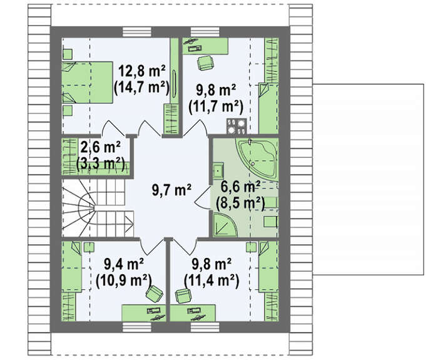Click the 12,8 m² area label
point(142,71)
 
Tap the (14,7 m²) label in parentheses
point(142,88)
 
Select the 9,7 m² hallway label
point(171,190)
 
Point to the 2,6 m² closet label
point(100,148)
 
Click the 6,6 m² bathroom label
point(240,187)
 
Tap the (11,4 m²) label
point(211,280)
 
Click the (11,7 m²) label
point(216,106)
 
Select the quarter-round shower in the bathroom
point(224,225)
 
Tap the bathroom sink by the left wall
point(218,170)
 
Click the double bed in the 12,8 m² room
point(87,83)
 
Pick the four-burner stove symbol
point(237,126)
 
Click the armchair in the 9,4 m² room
point(155,294)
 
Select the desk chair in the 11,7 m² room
point(206,63)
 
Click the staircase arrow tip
point(133,222)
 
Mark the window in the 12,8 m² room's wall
point(137,32)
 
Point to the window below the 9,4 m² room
point(137,327)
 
